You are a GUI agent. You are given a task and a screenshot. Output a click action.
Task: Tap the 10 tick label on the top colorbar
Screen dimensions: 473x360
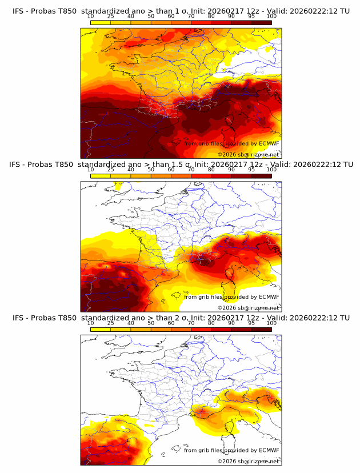pos(90,17)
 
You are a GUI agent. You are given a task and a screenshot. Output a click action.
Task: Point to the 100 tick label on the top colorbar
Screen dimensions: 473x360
pos(271,17)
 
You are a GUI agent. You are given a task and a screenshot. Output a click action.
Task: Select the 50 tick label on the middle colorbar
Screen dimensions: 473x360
pos(151,170)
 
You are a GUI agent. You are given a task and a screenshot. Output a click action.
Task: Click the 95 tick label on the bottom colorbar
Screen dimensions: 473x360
pos(251,323)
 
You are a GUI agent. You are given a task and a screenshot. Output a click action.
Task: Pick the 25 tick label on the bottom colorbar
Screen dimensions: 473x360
pos(110,323)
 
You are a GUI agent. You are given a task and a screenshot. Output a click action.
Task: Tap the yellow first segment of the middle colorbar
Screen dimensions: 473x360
pos(100,176)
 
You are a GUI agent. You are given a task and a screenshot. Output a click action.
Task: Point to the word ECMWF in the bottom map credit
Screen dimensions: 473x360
pos(268,450)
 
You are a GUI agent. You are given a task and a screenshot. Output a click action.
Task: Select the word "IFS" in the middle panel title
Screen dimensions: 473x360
pos(19,165)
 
